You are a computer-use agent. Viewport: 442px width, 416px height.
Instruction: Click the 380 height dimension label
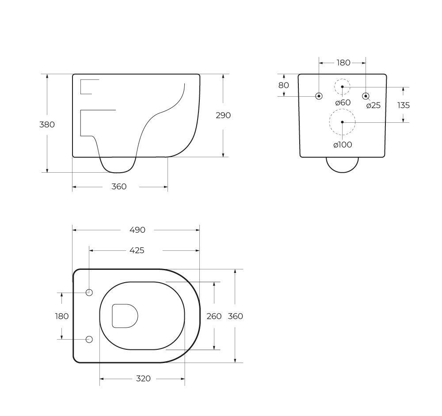pos(47,124)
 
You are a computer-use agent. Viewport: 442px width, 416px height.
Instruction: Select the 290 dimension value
pos(223,115)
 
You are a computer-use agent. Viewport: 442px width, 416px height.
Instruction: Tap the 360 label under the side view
pos(119,186)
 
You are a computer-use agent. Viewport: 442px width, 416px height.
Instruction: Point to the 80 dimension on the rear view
pos(284,85)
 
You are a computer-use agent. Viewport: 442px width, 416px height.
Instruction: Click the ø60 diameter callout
pos(343,102)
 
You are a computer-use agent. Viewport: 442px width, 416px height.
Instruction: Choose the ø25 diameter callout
pos(373,106)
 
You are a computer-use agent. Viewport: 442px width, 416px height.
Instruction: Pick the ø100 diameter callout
pos(343,145)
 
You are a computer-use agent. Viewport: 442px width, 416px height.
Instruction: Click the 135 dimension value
pos(404,105)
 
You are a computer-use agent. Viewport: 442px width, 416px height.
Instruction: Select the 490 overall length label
pos(137,230)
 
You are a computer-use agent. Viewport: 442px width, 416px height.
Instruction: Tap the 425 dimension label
pos(137,250)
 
